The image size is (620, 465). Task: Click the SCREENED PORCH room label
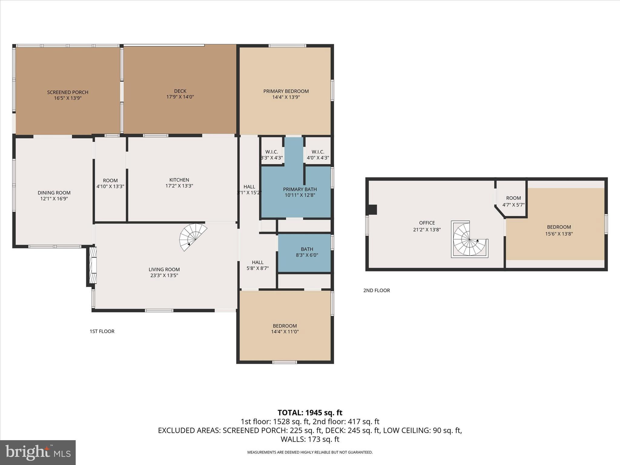click(68, 92)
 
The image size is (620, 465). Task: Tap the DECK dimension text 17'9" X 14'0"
click(180, 97)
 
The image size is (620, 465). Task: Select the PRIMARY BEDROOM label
click(286, 91)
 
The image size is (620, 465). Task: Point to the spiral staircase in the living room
click(192, 236)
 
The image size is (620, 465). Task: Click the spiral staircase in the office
click(469, 239)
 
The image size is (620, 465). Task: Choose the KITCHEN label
click(179, 180)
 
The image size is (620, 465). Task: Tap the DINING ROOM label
click(54, 193)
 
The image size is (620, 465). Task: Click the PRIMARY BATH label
click(300, 190)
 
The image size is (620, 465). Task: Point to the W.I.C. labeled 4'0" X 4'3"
click(318, 155)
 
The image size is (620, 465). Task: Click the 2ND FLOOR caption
click(376, 290)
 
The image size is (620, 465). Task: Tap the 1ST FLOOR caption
click(102, 331)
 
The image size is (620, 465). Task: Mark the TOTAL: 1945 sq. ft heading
click(310, 413)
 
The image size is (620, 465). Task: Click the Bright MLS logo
click(38, 452)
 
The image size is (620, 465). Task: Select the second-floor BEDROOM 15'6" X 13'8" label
click(559, 227)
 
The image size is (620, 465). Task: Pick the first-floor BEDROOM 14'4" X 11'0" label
click(285, 326)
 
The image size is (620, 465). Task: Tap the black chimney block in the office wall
click(372, 209)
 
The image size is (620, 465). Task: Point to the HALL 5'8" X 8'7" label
click(258, 262)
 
